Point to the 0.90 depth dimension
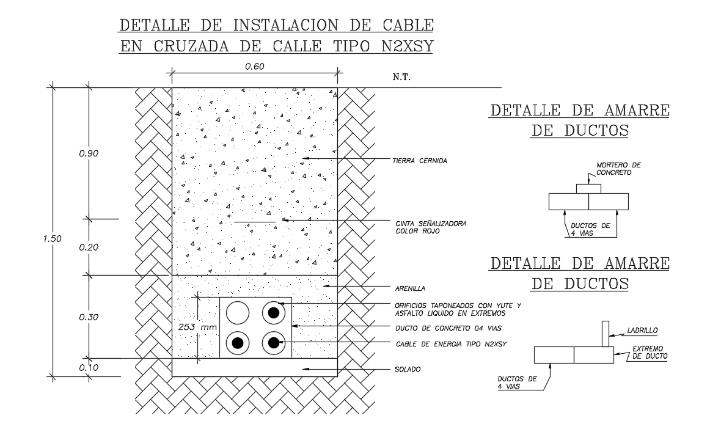(89, 153)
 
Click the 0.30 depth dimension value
(89, 317)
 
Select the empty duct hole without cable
(238, 313)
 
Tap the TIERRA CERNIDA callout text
(420, 161)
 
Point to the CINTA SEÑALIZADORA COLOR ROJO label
(430, 227)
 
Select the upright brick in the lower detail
(605, 334)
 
